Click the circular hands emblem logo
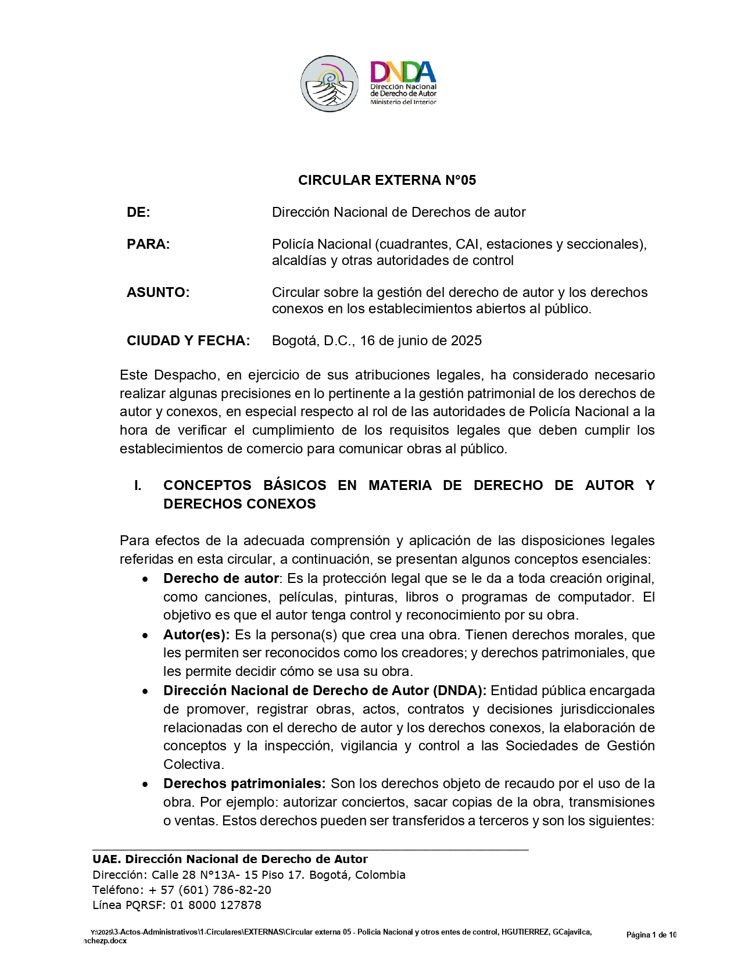(329, 84)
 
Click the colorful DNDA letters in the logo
(403, 71)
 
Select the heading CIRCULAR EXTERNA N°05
(386, 180)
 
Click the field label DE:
(138, 213)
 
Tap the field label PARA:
(148, 245)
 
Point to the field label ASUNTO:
(158, 293)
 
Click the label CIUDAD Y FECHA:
(188, 341)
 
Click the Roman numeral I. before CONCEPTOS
(138, 486)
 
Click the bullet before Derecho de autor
(145, 579)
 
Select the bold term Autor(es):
(196, 635)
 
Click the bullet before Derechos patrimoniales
(145, 785)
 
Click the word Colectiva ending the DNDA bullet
(194, 765)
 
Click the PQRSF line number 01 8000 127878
(216, 906)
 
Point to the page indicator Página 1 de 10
(651, 935)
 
